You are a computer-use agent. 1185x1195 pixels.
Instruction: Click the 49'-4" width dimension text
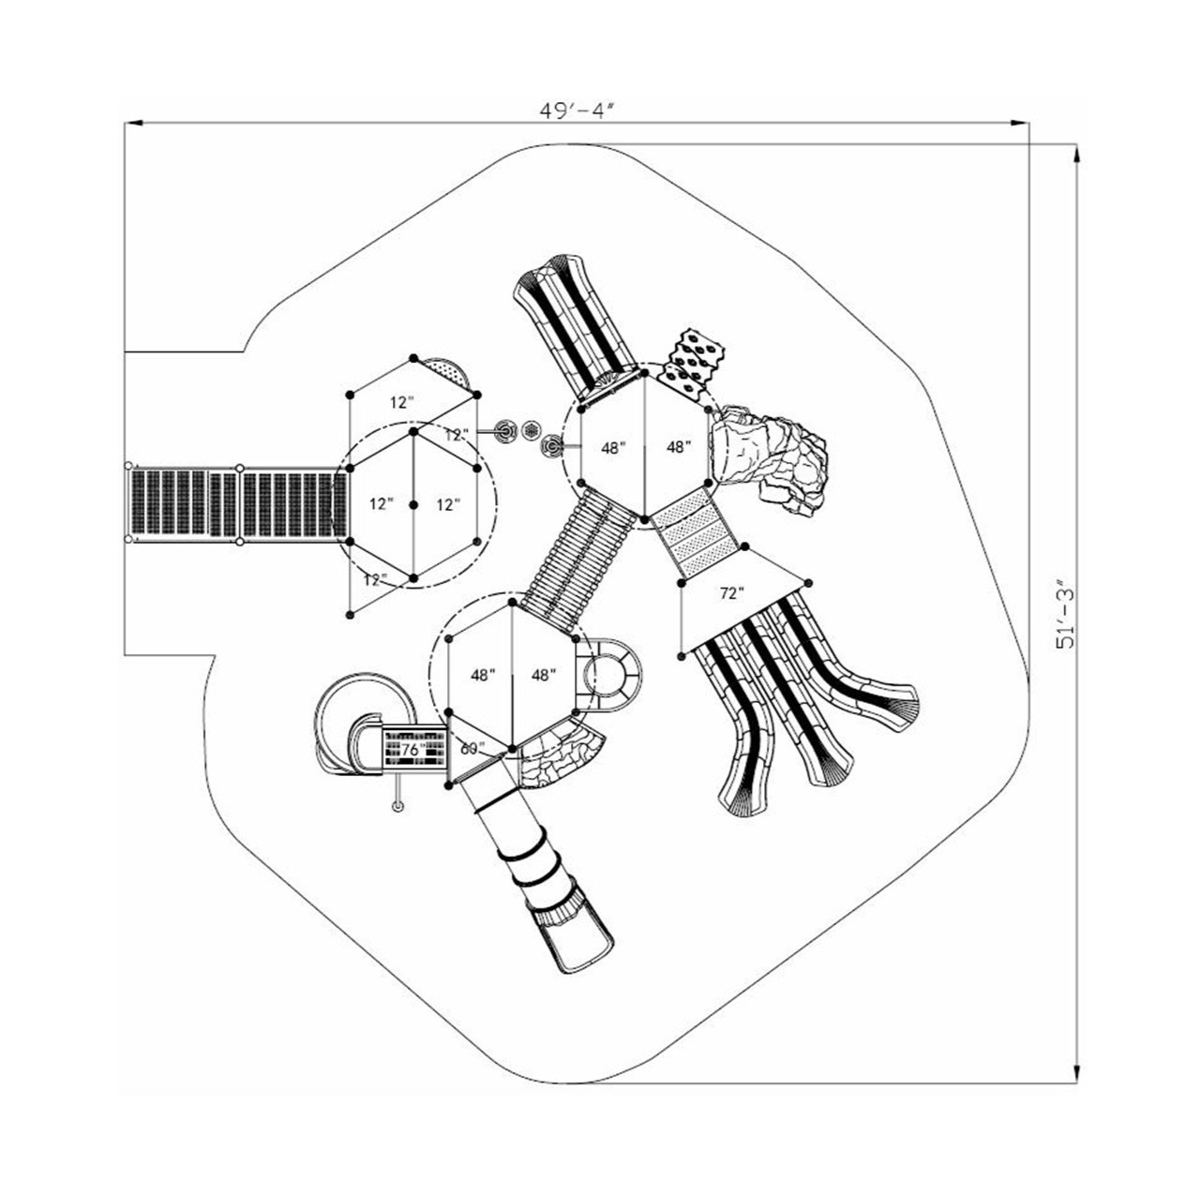tap(576, 110)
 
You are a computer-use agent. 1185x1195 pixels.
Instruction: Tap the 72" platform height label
tap(731, 593)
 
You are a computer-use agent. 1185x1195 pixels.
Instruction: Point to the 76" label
tap(410, 751)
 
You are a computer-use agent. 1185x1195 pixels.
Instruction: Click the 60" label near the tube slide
tap(472, 749)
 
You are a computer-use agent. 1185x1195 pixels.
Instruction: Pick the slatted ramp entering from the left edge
tap(234, 503)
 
